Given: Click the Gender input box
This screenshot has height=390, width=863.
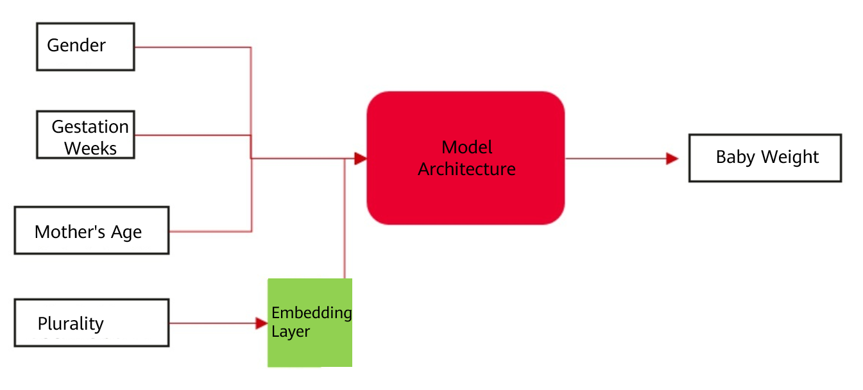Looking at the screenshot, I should click(85, 47).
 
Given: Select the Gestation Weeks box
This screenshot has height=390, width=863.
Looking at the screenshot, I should click(85, 135).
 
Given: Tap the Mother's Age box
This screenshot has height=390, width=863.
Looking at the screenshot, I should click(91, 230).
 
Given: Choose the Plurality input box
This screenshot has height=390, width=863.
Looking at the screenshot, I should click(91, 323).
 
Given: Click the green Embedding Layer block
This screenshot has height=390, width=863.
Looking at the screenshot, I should click(309, 323).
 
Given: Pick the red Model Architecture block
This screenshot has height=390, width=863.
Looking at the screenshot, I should click(465, 158).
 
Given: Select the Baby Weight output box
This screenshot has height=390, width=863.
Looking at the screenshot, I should click(765, 158).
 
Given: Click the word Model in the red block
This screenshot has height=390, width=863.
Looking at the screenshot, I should click(467, 148).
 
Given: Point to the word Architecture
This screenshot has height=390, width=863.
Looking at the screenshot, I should click(466, 169).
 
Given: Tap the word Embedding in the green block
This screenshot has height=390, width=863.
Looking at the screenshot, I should click(312, 313).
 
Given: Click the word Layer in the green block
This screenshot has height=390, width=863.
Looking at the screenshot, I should click(291, 332).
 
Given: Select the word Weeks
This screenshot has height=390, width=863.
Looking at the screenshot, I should click(90, 148).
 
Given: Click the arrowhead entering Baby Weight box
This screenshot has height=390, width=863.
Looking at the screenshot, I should click(672, 158).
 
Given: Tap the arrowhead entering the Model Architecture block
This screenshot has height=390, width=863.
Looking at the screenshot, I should click(360, 158).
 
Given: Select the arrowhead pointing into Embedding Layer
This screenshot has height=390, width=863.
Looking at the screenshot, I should click(262, 323).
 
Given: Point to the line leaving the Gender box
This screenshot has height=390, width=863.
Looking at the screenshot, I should click(192, 47).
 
